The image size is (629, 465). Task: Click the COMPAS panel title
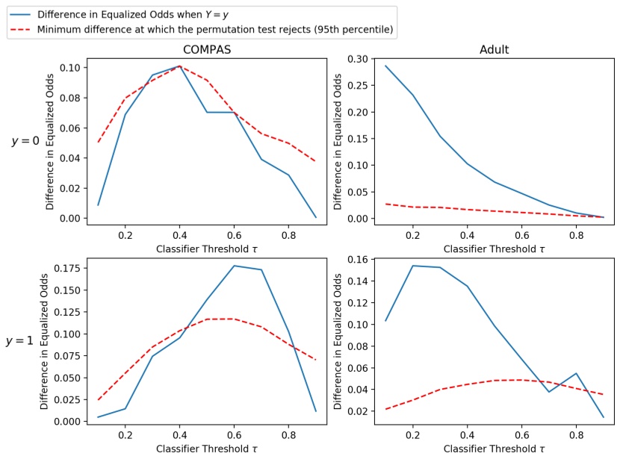point(206,50)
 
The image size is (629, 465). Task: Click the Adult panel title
point(494,50)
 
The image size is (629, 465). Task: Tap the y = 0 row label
point(25,141)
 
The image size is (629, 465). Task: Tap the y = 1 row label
point(20,340)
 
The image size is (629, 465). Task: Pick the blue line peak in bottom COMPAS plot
point(233,266)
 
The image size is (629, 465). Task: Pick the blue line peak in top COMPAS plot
point(179,66)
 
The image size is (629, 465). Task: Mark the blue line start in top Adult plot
point(385,66)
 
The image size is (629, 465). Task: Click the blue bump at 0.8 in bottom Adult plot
point(576,373)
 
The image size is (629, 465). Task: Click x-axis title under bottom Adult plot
point(494,449)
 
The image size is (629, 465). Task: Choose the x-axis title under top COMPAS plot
point(206,249)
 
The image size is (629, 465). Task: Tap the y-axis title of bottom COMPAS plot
point(44,340)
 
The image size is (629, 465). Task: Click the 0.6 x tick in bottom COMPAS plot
point(233,435)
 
